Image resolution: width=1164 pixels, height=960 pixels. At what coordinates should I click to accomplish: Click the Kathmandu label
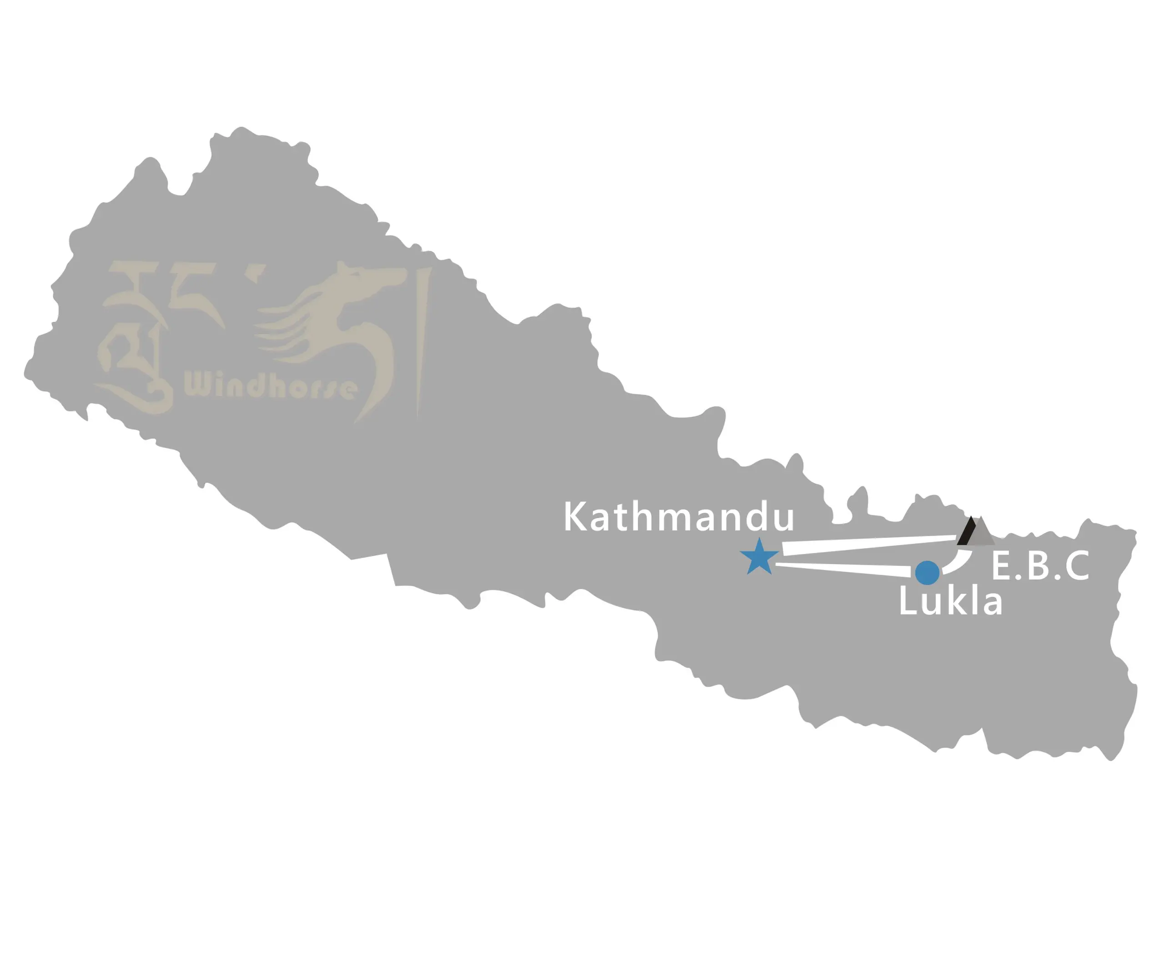click(678, 517)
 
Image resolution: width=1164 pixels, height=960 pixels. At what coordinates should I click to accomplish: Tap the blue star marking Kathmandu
click(759, 557)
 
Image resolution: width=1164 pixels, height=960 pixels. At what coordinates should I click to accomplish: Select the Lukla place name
click(950, 602)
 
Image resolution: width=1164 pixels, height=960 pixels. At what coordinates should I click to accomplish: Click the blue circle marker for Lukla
click(927, 573)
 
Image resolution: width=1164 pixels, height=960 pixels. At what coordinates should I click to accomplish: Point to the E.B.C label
click(1040, 566)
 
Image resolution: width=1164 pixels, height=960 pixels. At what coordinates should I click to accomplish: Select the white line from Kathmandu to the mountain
click(868, 544)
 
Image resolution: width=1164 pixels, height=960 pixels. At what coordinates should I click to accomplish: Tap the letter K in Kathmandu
click(575, 517)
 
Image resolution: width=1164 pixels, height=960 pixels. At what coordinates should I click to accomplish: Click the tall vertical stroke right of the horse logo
click(423, 343)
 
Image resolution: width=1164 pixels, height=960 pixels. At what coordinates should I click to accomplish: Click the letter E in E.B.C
click(1001, 566)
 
